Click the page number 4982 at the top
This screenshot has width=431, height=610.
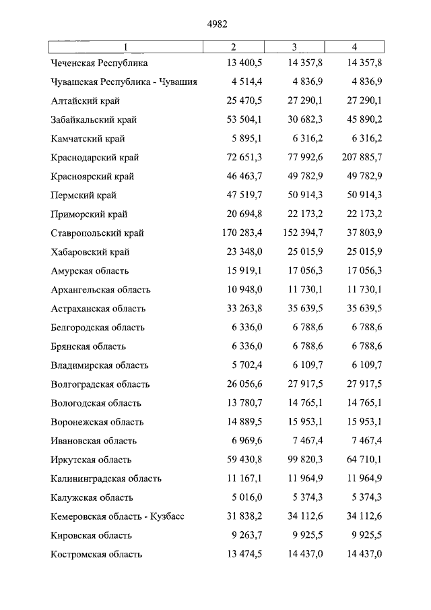[x=218, y=24]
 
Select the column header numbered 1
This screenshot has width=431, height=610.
[x=125, y=47]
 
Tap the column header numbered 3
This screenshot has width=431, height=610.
[x=294, y=47]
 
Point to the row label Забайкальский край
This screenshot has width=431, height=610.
[x=94, y=120]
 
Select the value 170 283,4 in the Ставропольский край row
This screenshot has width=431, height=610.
[x=233, y=233]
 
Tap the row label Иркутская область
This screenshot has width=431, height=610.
[x=94, y=460]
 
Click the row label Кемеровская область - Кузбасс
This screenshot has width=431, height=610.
[x=117, y=516]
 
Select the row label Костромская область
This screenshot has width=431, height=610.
[x=96, y=554]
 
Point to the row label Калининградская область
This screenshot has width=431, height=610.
[x=106, y=479]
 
